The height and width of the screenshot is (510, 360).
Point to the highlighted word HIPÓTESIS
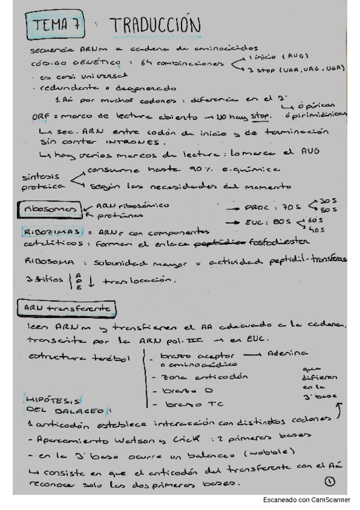coord(50,399)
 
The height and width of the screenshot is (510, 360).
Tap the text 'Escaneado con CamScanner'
coord(307,500)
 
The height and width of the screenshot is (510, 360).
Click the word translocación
coord(138,280)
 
